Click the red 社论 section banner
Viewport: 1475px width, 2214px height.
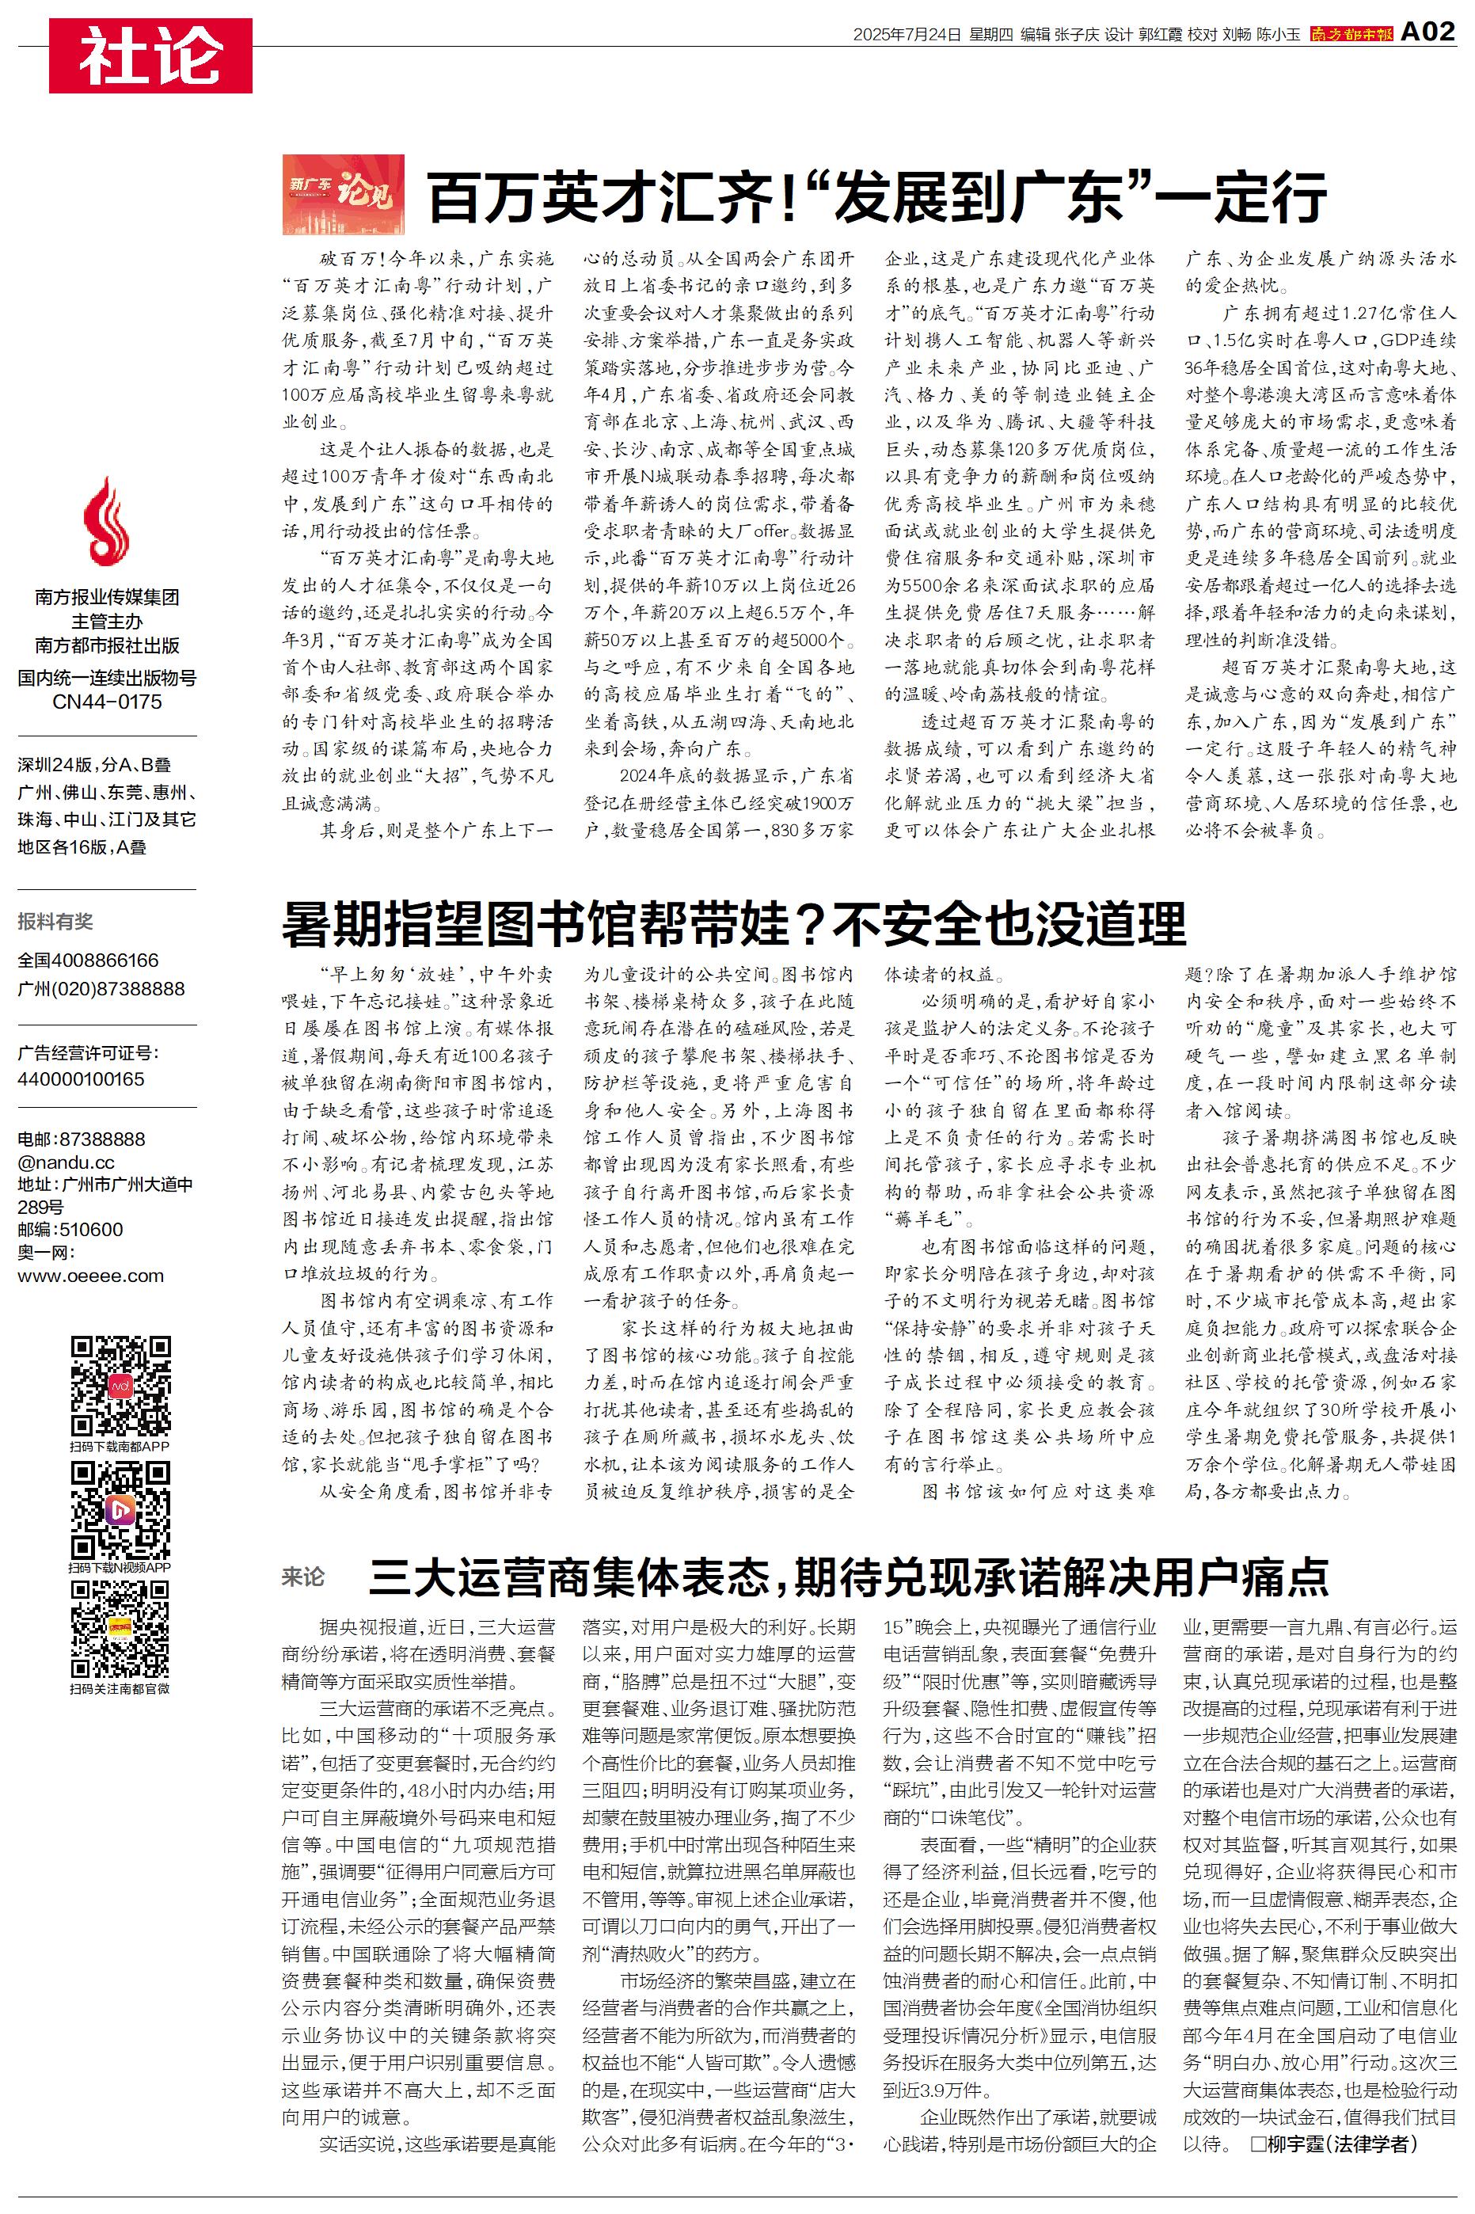tap(150, 56)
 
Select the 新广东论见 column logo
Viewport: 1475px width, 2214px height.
tap(344, 195)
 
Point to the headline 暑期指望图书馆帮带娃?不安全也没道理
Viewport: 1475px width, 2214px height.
tap(734, 923)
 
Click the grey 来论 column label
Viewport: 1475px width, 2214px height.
tap(303, 1577)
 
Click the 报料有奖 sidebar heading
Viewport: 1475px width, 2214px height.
tap(55, 922)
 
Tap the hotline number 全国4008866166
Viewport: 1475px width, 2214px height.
tap(89, 961)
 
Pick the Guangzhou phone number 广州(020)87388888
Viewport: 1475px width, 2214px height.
tap(101, 988)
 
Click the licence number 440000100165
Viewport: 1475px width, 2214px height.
tap(81, 1078)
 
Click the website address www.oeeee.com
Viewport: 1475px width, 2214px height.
tap(90, 1276)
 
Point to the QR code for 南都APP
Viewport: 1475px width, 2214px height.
tap(120, 1386)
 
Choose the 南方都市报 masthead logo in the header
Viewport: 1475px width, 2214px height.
tap(1351, 34)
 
